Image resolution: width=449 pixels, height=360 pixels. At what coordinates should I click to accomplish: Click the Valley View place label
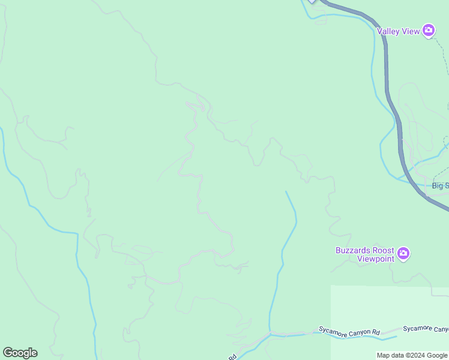[x=398, y=31]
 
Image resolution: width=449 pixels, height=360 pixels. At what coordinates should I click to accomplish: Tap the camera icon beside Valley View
[x=429, y=30]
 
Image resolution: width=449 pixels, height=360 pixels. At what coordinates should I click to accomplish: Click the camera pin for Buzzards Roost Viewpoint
[x=404, y=254]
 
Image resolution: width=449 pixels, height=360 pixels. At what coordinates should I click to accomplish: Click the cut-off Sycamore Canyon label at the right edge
[x=426, y=329]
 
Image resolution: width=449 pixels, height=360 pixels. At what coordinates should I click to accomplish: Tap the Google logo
[x=20, y=353]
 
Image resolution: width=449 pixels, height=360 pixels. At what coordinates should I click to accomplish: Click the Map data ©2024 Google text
[x=412, y=355]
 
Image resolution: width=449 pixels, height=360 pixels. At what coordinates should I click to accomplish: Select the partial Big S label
[x=440, y=185]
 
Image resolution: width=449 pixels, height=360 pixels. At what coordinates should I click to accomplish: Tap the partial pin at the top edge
[x=312, y=1]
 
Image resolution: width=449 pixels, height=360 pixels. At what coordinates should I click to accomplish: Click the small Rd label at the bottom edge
[x=232, y=356]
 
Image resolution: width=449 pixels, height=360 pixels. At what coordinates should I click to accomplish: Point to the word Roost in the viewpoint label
[x=382, y=250]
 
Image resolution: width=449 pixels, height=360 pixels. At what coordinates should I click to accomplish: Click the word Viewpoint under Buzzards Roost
[x=376, y=259]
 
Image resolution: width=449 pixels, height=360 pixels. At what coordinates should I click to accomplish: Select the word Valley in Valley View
[x=388, y=31]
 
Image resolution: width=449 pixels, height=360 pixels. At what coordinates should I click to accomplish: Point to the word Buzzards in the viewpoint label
[x=352, y=250]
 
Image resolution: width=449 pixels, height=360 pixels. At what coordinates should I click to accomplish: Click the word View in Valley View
[x=411, y=31]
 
